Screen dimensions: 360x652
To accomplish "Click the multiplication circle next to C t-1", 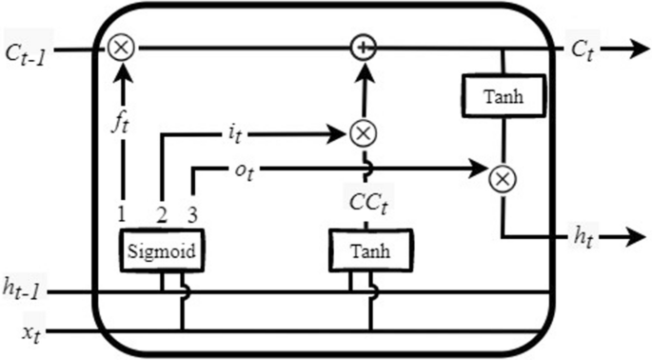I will (x=120, y=47).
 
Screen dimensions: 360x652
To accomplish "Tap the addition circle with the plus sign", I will (x=363, y=47).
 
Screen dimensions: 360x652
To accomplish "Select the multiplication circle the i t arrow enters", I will (x=363, y=133).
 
